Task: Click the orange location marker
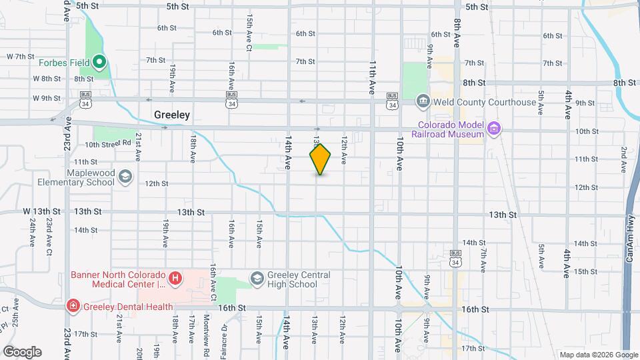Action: tap(320, 159)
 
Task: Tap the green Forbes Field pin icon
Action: tap(99, 63)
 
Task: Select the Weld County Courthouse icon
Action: tap(423, 102)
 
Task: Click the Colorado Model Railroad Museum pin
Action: tap(493, 128)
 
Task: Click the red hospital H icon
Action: tap(175, 277)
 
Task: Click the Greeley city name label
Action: tap(172, 115)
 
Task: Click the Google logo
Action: tap(22, 352)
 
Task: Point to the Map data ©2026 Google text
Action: tap(597, 355)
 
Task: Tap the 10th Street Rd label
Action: tap(108, 144)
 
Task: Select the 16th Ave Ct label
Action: tap(213, 282)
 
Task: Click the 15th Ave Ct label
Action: tap(249, 30)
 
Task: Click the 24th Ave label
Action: tap(32, 231)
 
